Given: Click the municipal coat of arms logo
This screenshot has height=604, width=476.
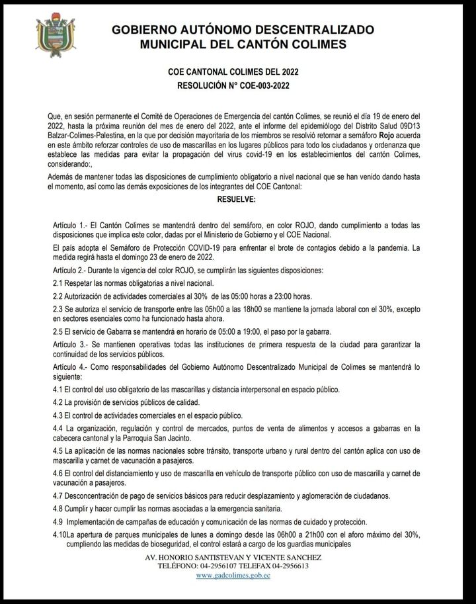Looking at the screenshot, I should (55, 37).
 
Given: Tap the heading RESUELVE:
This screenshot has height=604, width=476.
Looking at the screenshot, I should (238, 198).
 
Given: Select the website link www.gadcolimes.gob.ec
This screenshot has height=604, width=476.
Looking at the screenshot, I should (233, 576).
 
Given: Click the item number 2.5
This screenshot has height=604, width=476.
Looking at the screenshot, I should (58, 331).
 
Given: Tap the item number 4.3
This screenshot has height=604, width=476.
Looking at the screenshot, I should (58, 415).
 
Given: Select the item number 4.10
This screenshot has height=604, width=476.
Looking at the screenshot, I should (59, 534).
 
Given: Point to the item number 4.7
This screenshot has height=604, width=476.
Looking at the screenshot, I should (58, 496).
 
